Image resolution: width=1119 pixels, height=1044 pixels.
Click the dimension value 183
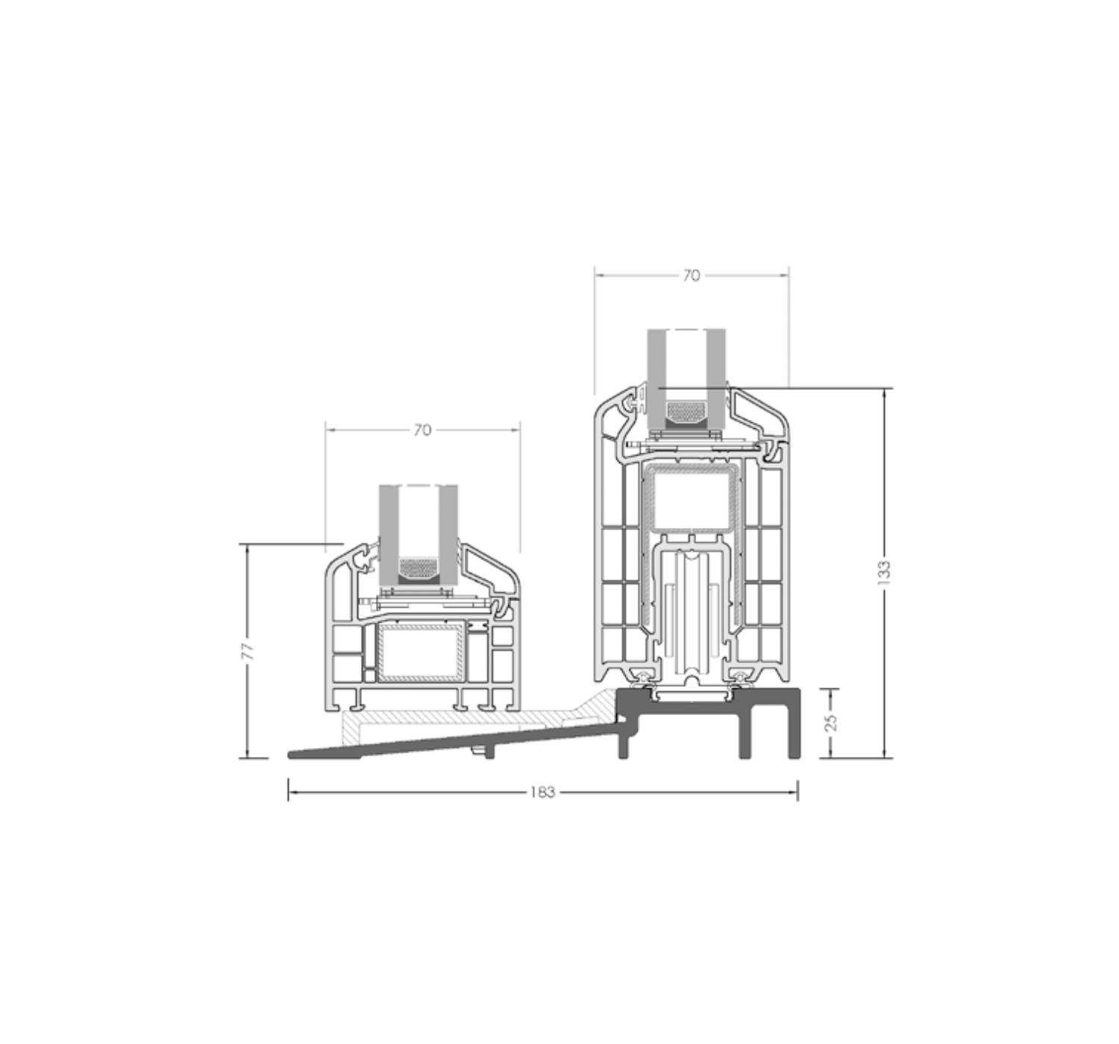[x=542, y=792]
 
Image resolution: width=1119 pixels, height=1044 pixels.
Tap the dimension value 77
[x=248, y=651]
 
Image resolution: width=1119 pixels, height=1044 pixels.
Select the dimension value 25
[x=831, y=723]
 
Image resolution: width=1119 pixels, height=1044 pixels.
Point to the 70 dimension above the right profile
[x=692, y=275]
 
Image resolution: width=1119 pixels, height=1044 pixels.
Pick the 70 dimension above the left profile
[x=422, y=430]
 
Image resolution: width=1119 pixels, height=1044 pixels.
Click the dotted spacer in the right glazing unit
[x=686, y=414]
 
